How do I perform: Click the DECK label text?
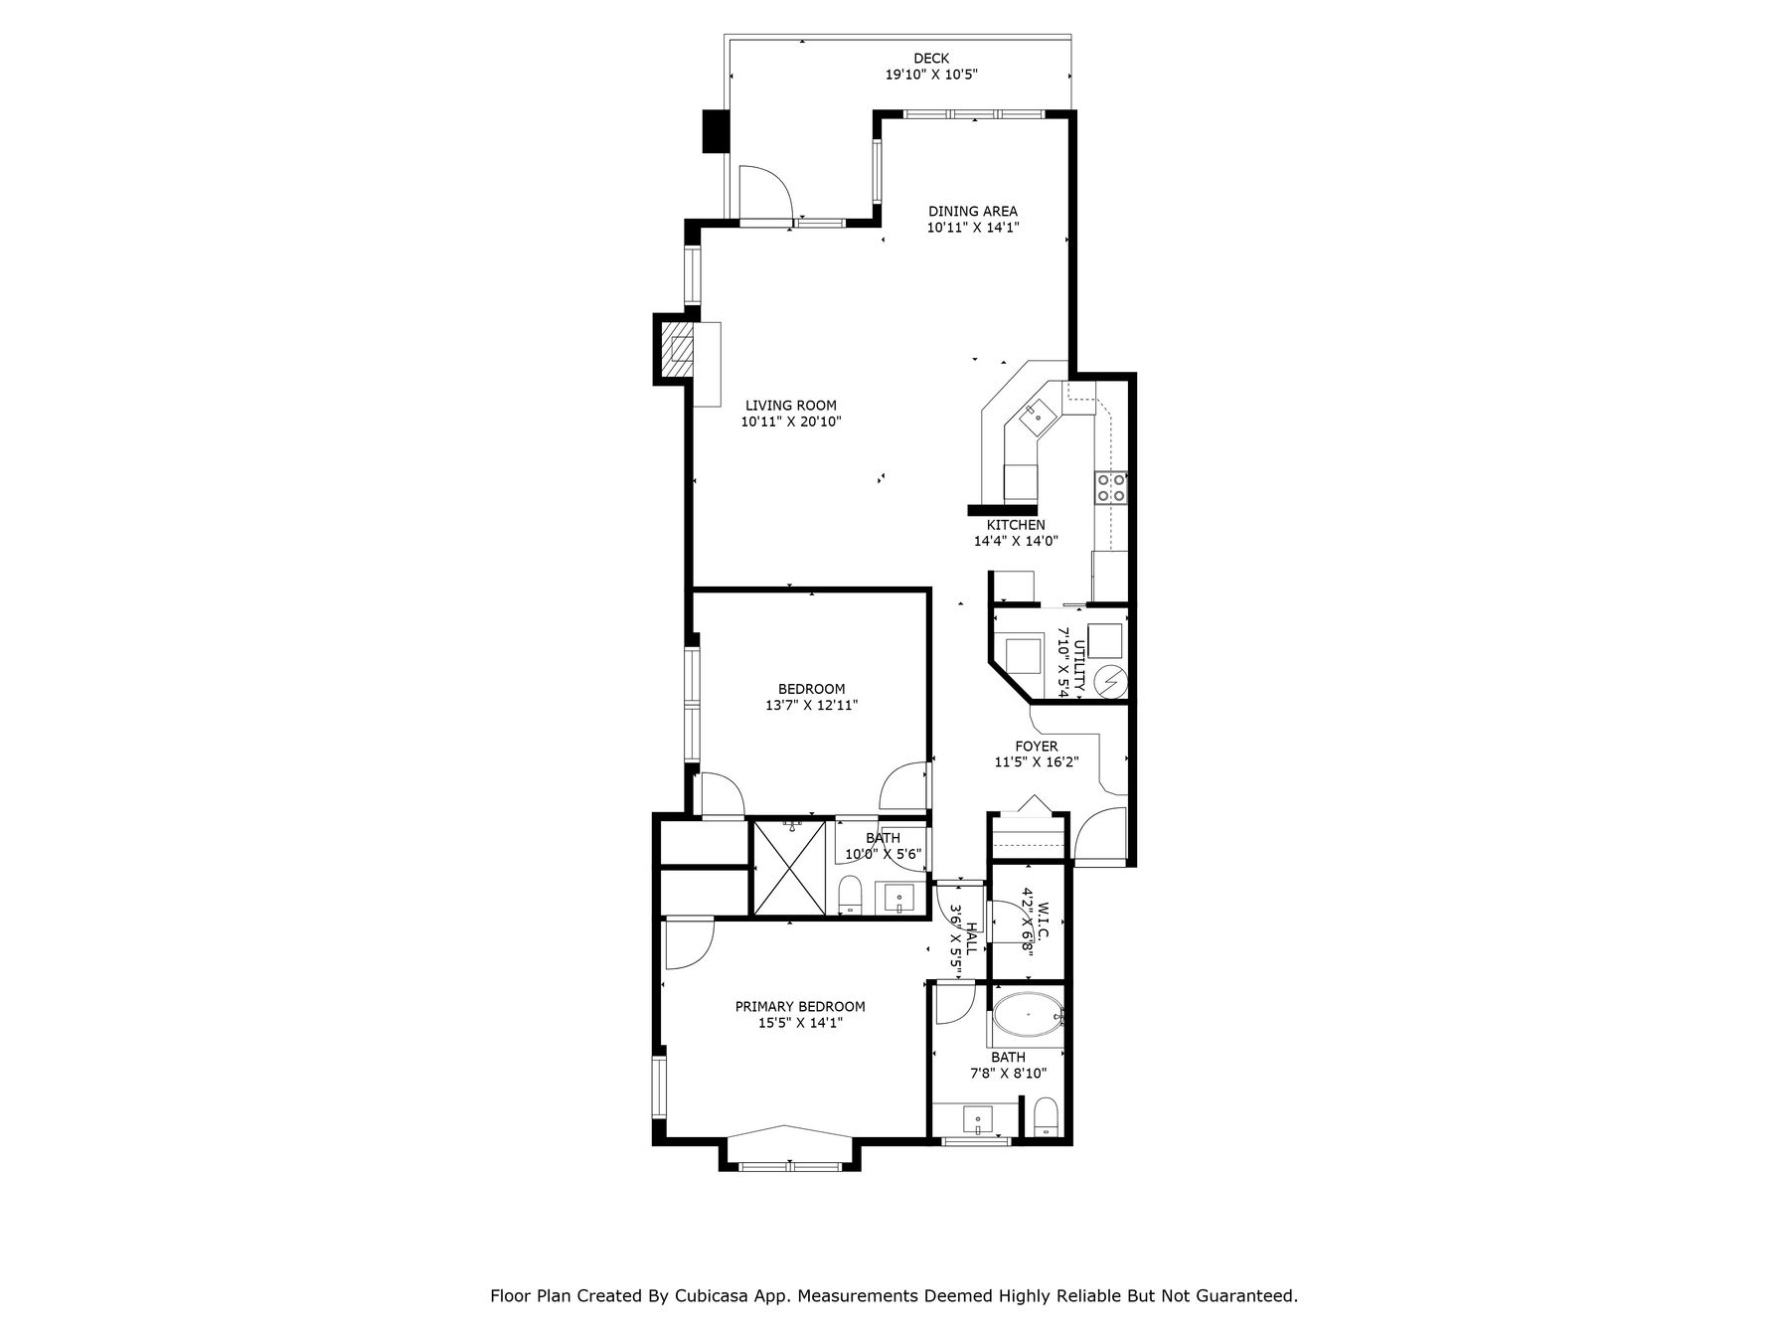[931, 59]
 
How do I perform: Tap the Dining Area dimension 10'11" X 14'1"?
[973, 228]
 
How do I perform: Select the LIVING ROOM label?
[791, 406]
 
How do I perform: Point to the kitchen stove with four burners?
[1111, 487]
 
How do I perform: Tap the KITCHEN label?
[1016, 525]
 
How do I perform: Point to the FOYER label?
[1037, 747]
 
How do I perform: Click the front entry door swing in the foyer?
[1100, 835]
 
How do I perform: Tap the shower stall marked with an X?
[790, 867]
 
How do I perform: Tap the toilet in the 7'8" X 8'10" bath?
[1045, 1117]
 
